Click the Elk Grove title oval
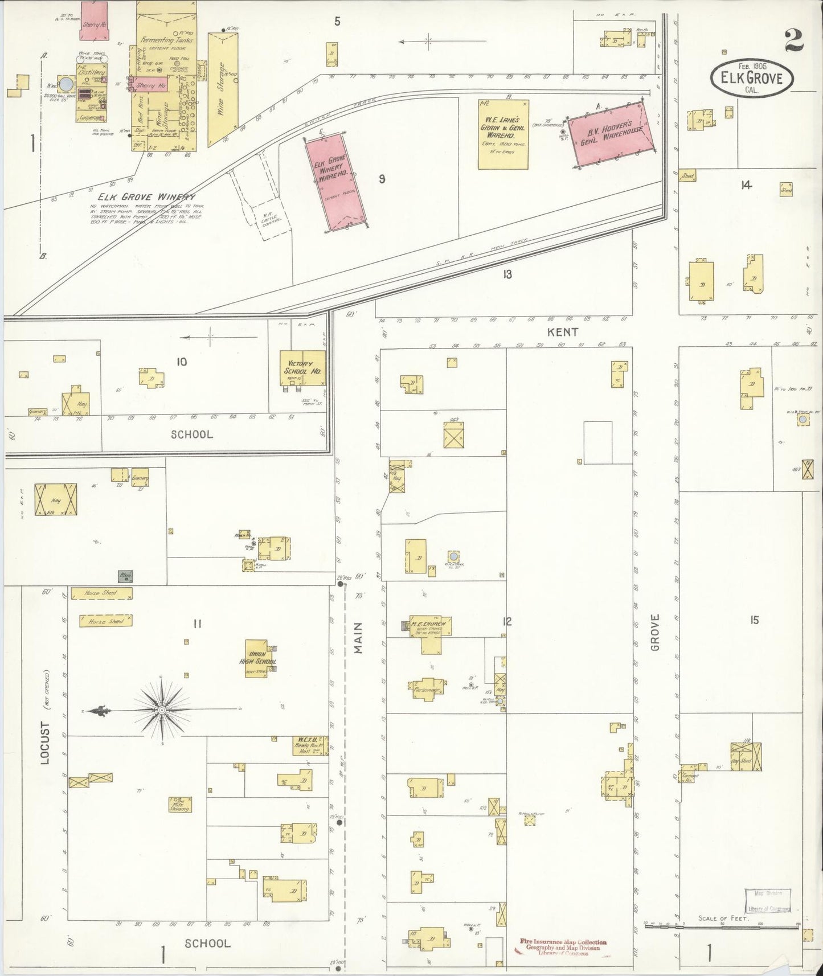pos(751,79)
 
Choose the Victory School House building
pos(302,367)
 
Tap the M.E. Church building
pos(431,630)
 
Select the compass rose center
pos(161,710)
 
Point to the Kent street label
pos(563,331)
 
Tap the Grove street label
pos(655,632)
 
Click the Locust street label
pos(46,742)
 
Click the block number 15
pos(754,621)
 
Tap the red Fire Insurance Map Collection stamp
pos(563,943)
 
